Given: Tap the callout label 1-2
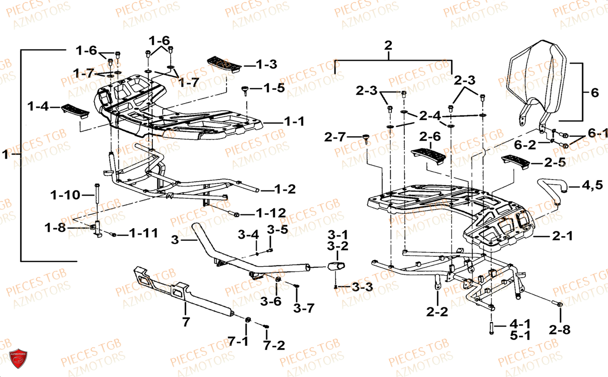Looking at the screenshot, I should [x=285, y=189].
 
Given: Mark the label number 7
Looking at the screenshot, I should [x=186, y=322].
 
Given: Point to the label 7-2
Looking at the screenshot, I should [x=274, y=345].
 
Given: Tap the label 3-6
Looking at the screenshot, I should [x=270, y=302].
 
